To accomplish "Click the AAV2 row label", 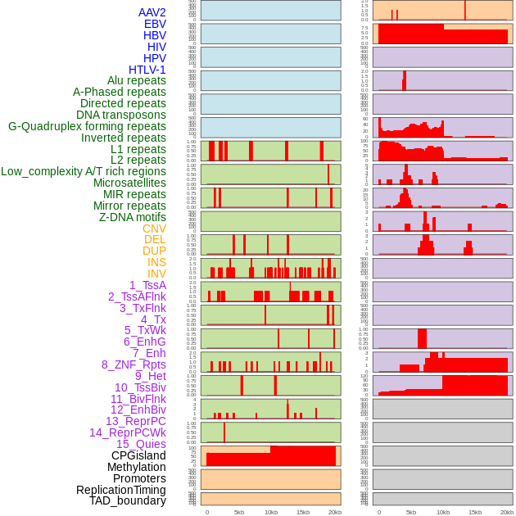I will pyautogui.click(x=152, y=12).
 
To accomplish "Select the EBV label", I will pyautogui.click(x=155, y=24).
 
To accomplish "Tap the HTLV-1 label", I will pyautogui.click(x=147, y=70).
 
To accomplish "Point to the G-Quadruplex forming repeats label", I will pyautogui.click(x=87, y=126).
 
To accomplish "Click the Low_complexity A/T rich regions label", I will pyautogui.click(x=84, y=171).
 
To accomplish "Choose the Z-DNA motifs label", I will pyautogui.click(x=133, y=217).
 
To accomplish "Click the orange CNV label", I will pyautogui.click(x=154, y=229).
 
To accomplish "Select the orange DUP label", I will pyautogui.click(x=154, y=251).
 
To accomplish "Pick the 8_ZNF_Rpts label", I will pyautogui.click(x=134, y=364).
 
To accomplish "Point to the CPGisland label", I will pyautogui.click(x=138, y=455).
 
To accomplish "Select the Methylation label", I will pyautogui.click(x=137, y=467).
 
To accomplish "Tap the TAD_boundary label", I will pyautogui.click(x=128, y=500).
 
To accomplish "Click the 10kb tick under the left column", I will pyautogui.click(x=271, y=512).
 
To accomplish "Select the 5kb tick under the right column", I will pyautogui.click(x=411, y=512).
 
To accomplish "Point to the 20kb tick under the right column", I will pyautogui.click(x=507, y=512).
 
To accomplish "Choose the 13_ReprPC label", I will pyautogui.click(x=136, y=421).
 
